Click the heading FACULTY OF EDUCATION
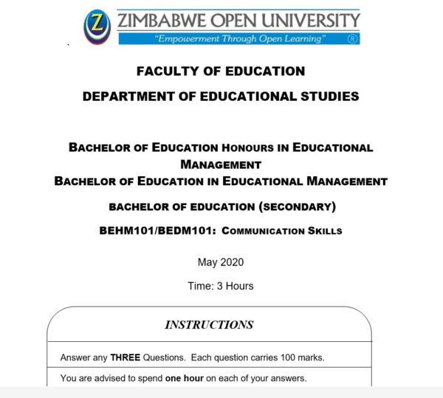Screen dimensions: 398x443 [221, 71]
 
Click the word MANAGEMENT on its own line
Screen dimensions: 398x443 [221, 164]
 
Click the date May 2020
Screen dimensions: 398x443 [221, 262]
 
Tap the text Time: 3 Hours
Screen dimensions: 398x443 [221, 286]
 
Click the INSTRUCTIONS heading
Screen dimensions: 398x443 [209, 325]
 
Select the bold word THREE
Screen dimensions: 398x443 [125, 358]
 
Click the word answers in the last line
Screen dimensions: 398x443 [287, 379]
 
